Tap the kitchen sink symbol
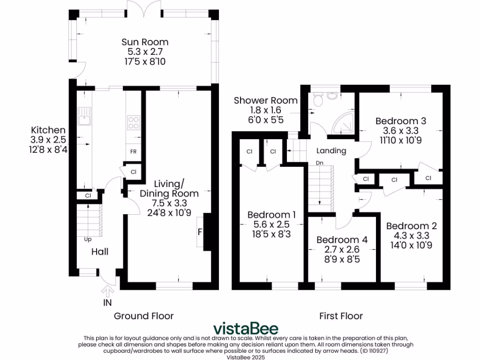tap(84, 116)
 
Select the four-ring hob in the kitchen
tap(134, 122)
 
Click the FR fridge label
tap(134, 152)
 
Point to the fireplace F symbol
tap(200, 232)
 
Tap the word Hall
tap(100, 252)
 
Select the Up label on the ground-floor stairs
tap(88, 239)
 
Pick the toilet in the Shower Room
tap(318, 99)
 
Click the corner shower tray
tap(345, 123)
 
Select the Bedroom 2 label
tap(411, 226)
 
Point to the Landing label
tap(331, 150)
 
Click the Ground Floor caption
tap(143, 316)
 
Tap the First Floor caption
tap(341, 316)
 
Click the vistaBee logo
tap(246, 328)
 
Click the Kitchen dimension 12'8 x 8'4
tap(48, 150)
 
